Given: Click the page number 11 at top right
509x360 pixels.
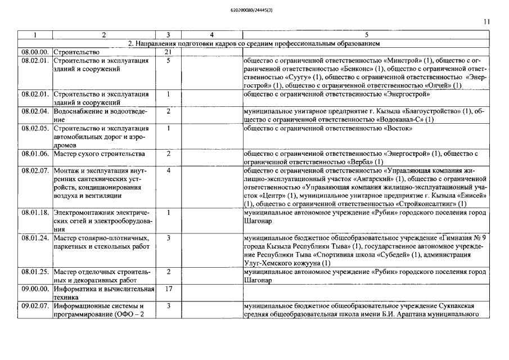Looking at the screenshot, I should (487, 21).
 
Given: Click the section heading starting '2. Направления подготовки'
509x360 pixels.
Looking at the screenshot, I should (254, 43).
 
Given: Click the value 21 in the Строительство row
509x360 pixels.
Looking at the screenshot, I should (168, 52).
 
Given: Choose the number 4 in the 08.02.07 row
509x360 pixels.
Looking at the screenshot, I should (168, 170).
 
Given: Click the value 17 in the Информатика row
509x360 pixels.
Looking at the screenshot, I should (168, 289).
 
